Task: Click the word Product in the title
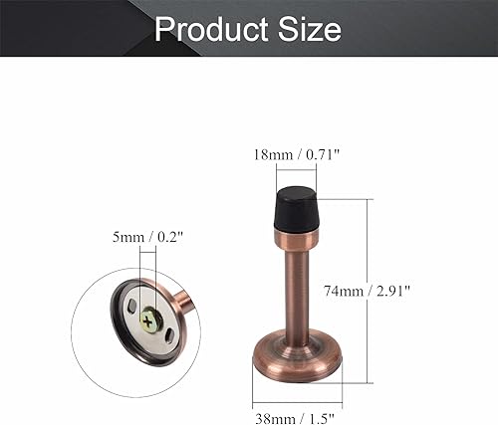click(x=210, y=29)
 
